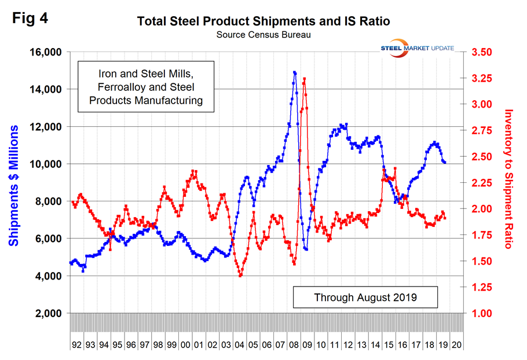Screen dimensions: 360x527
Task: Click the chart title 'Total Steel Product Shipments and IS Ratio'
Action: pyautogui.click(x=263, y=21)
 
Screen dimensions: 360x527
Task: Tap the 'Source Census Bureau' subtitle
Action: pyautogui.click(x=263, y=35)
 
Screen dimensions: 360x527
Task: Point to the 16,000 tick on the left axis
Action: pyautogui.click(x=45, y=52)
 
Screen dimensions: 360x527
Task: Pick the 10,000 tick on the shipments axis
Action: pyautogui.click(x=45, y=164)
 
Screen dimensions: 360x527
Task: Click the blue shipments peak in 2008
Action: pyautogui.click(x=295, y=72)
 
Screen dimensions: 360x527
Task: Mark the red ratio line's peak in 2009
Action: pyautogui.click(x=305, y=79)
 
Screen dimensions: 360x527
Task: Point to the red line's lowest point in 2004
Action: pyautogui.click(x=240, y=275)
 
